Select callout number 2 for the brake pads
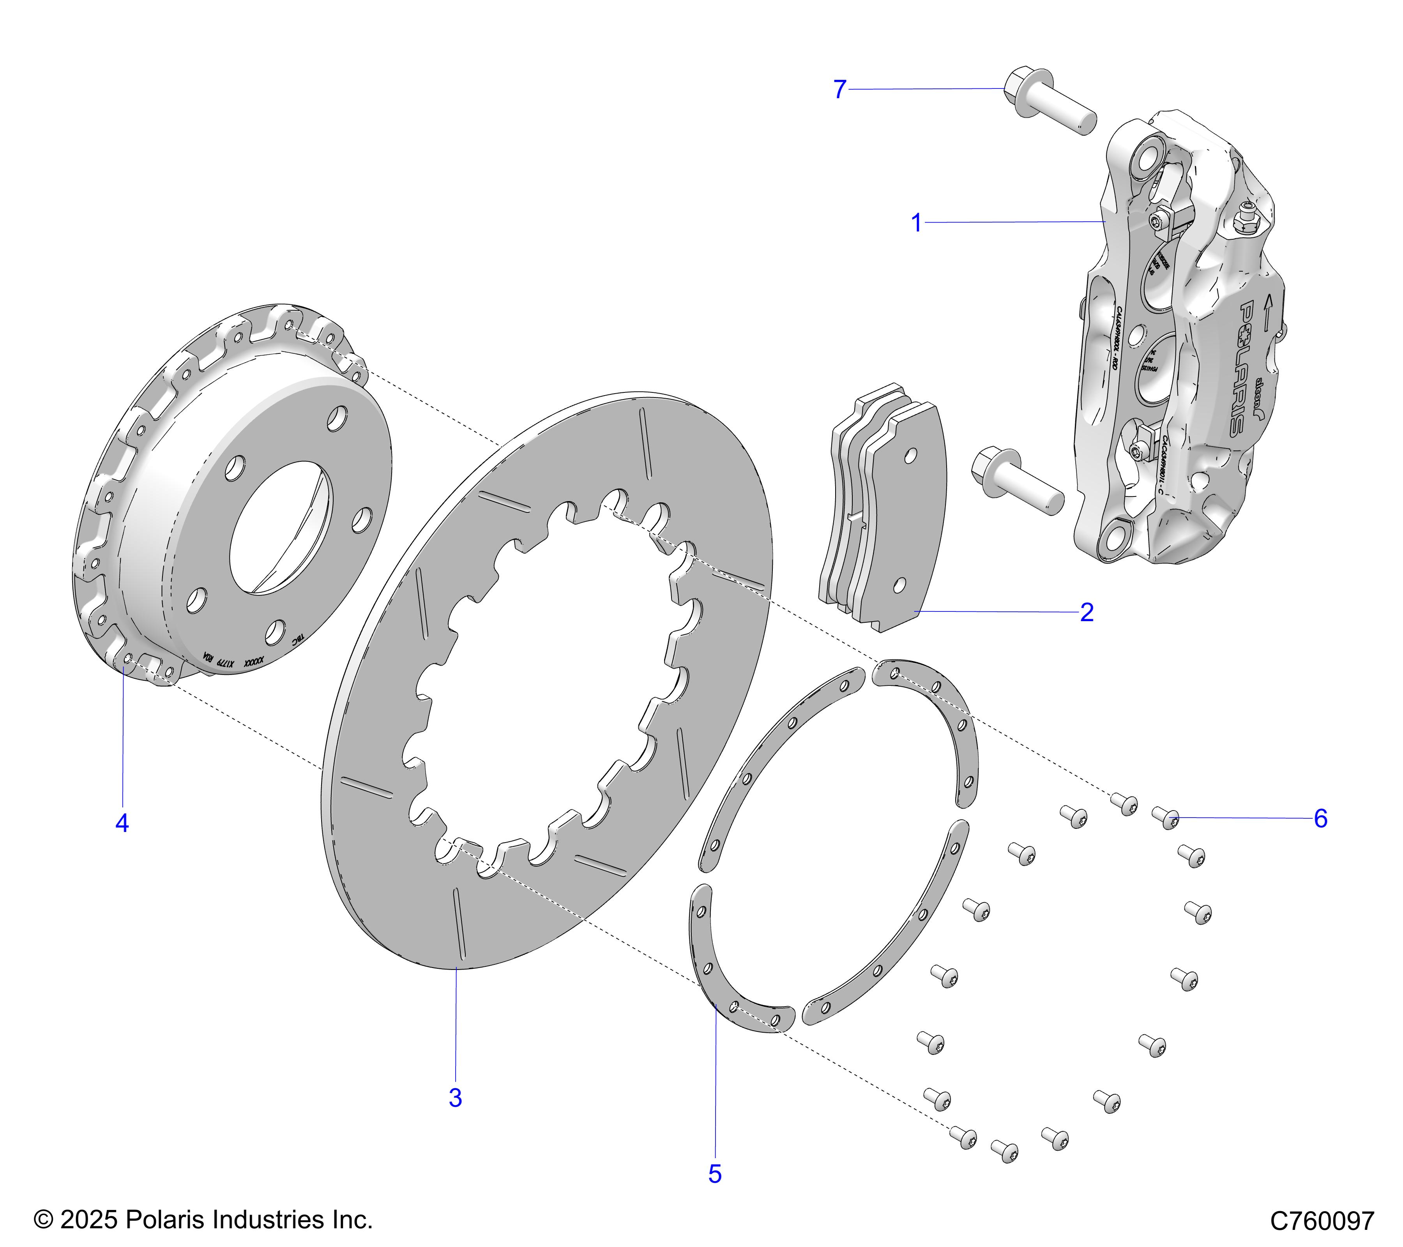[1087, 612]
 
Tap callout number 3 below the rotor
[455, 1098]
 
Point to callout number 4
[122, 823]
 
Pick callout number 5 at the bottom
[714, 1174]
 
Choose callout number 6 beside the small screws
[1321, 819]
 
